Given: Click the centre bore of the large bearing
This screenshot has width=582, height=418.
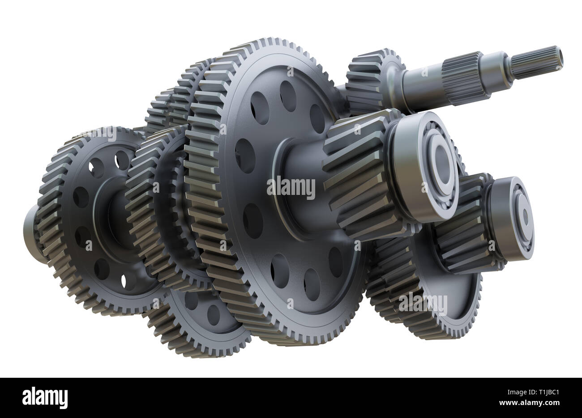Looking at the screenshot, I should click(x=441, y=161).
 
